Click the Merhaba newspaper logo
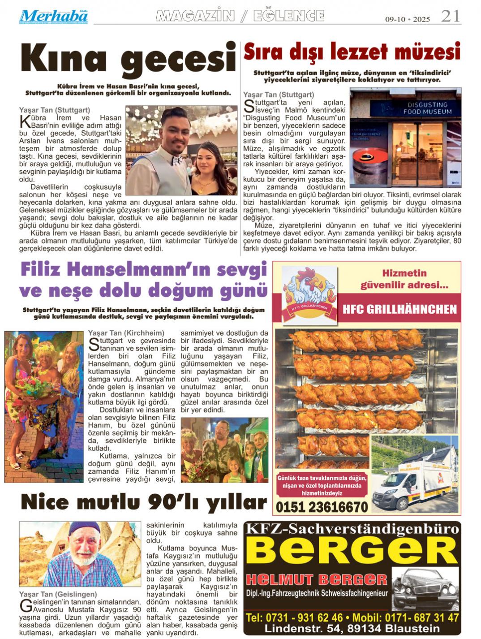53,17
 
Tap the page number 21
450,16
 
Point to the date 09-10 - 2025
408,19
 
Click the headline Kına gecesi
128,60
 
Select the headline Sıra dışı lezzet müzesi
352,52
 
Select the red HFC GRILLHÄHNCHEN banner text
399,309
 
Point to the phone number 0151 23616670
322,507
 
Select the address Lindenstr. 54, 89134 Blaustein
352,628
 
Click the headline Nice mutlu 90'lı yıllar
144,503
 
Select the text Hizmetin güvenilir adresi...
404,279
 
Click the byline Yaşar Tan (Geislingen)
58,594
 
